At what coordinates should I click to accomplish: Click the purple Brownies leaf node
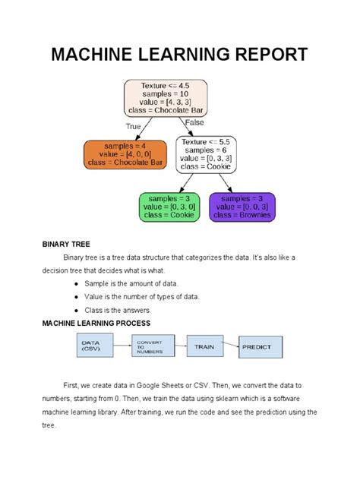pyautogui.click(x=242, y=207)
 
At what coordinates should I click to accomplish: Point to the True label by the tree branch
pyautogui.click(x=133, y=126)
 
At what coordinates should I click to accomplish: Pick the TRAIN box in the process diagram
pyautogui.click(x=204, y=346)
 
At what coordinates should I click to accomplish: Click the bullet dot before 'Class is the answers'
pyautogui.click(x=77, y=311)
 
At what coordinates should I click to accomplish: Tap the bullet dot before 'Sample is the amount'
pyautogui.click(x=77, y=283)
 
